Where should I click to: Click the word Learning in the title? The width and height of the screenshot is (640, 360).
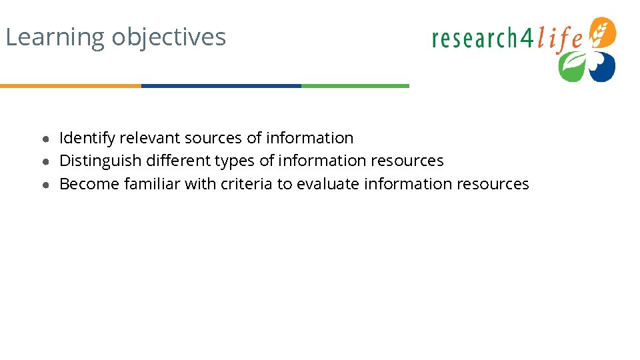55,37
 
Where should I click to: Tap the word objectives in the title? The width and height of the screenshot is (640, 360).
169,37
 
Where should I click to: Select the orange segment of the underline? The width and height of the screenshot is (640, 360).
71,86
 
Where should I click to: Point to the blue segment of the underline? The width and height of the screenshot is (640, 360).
221,86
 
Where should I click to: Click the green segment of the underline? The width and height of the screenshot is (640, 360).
355,86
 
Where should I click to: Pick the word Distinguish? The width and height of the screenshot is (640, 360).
101,161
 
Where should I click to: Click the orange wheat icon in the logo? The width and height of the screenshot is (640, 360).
603,32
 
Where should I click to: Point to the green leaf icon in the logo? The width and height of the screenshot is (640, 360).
571,67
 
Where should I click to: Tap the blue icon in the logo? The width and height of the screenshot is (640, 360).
602,67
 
